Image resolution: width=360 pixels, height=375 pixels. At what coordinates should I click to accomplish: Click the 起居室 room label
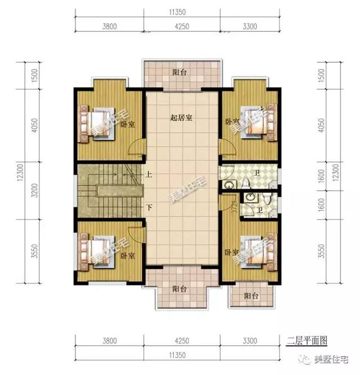point(182,118)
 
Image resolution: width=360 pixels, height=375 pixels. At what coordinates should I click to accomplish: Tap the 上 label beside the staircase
point(148,174)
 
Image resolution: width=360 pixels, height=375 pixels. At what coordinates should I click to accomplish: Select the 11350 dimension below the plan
point(181,355)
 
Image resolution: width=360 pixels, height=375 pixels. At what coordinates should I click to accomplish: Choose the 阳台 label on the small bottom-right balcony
point(251,296)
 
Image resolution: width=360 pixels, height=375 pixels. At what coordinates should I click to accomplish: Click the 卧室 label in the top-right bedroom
point(231,121)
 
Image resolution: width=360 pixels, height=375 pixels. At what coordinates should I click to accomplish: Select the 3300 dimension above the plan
point(249,25)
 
